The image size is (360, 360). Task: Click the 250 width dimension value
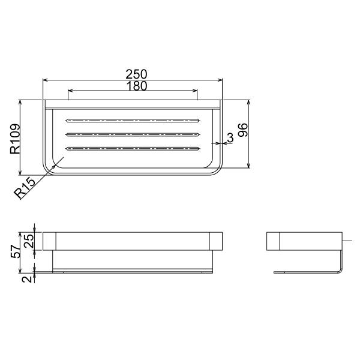[136, 74]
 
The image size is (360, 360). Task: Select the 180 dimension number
[136, 86]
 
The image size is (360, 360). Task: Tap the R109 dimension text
[15, 139]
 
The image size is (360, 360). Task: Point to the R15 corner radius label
[25, 188]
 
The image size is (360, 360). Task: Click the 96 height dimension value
[242, 130]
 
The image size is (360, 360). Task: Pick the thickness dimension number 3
[230, 137]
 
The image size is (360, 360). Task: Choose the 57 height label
[16, 251]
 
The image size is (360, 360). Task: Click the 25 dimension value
[29, 241]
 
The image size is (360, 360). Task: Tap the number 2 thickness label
[28, 279]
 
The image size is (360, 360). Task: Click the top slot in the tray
[133, 121]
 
